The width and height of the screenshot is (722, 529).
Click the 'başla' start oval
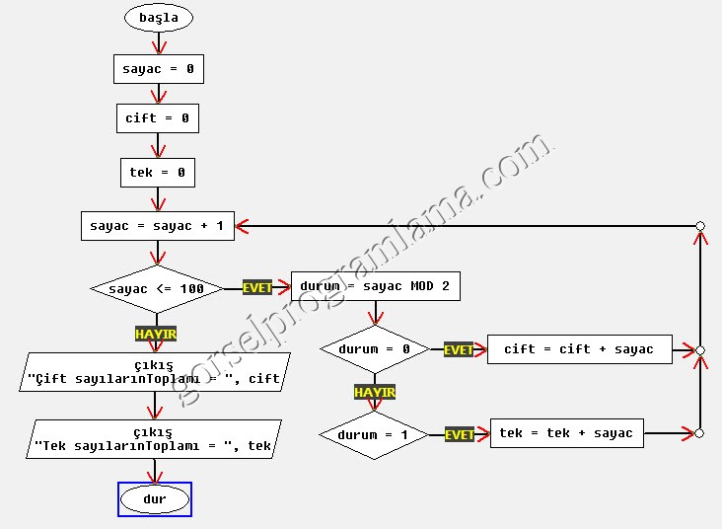[x=158, y=18]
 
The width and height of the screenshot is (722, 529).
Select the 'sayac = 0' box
[x=158, y=69]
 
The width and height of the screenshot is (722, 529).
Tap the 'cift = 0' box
[x=158, y=118]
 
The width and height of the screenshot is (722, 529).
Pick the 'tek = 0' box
[x=158, y=173]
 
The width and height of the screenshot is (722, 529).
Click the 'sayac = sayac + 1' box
[x=156, y=226]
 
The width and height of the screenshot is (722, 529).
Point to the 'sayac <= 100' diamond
[x=157, y=289]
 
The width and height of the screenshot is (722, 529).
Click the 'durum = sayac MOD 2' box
[x=375, y=286]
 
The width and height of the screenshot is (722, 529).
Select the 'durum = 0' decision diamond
[x=374, y=349]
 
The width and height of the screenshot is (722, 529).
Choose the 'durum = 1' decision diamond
[x=374, y=434]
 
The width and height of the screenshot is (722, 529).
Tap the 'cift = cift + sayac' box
[x=579, y=349]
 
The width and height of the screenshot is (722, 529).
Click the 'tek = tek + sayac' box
[x=567, y=433]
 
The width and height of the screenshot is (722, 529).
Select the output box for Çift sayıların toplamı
[x=155, y=372]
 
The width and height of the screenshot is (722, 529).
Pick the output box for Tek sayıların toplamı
[x=155, y=439]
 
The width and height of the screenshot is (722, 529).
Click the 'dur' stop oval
[x=155, y=499]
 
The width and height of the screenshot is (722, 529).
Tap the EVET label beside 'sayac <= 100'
[x=257, y=288]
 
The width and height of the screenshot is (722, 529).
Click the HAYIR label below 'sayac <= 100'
[x=156, y=335]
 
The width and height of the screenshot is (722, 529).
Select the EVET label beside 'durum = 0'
[x=459, y=350]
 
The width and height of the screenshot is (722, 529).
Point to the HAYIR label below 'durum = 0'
[x=375, y=392]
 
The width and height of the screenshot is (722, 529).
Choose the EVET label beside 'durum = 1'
[x=460, y=434]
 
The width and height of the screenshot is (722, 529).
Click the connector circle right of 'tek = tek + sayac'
[x=699, y=433]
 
